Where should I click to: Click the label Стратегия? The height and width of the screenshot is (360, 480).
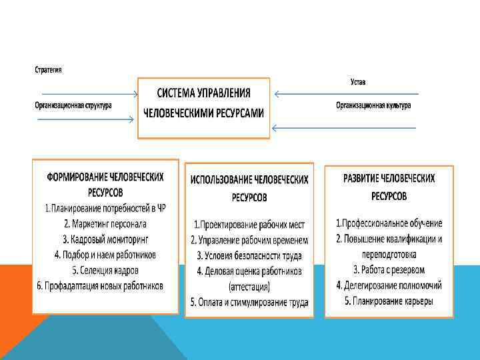click(x=48, y=70)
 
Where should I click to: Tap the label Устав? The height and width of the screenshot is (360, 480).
click(x=358, y=82)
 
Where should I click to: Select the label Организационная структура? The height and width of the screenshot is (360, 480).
click(x=73, y=105)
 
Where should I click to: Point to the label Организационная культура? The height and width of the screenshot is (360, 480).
click(x=373, y=105)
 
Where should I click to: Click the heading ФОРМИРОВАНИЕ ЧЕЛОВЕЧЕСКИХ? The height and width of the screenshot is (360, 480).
click(x=105, y=178)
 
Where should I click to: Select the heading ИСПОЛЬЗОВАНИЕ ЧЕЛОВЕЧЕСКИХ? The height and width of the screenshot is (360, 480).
click(x=249, y=180)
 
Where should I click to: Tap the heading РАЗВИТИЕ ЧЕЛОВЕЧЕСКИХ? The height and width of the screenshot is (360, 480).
click(x=389, y=179)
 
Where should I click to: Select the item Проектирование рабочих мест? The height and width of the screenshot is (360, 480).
click(x=249, y=223)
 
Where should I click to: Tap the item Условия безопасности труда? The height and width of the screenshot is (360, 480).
click(x=249, y=255)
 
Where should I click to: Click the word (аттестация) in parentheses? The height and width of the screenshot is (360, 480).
click(x=249, y=287)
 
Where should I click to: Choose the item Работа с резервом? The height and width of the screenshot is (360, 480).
click(x=389, y=270)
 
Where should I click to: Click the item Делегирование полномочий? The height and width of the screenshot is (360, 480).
click(x=389, y=285)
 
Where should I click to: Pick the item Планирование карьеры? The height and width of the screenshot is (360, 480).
click(x=389, y=301)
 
